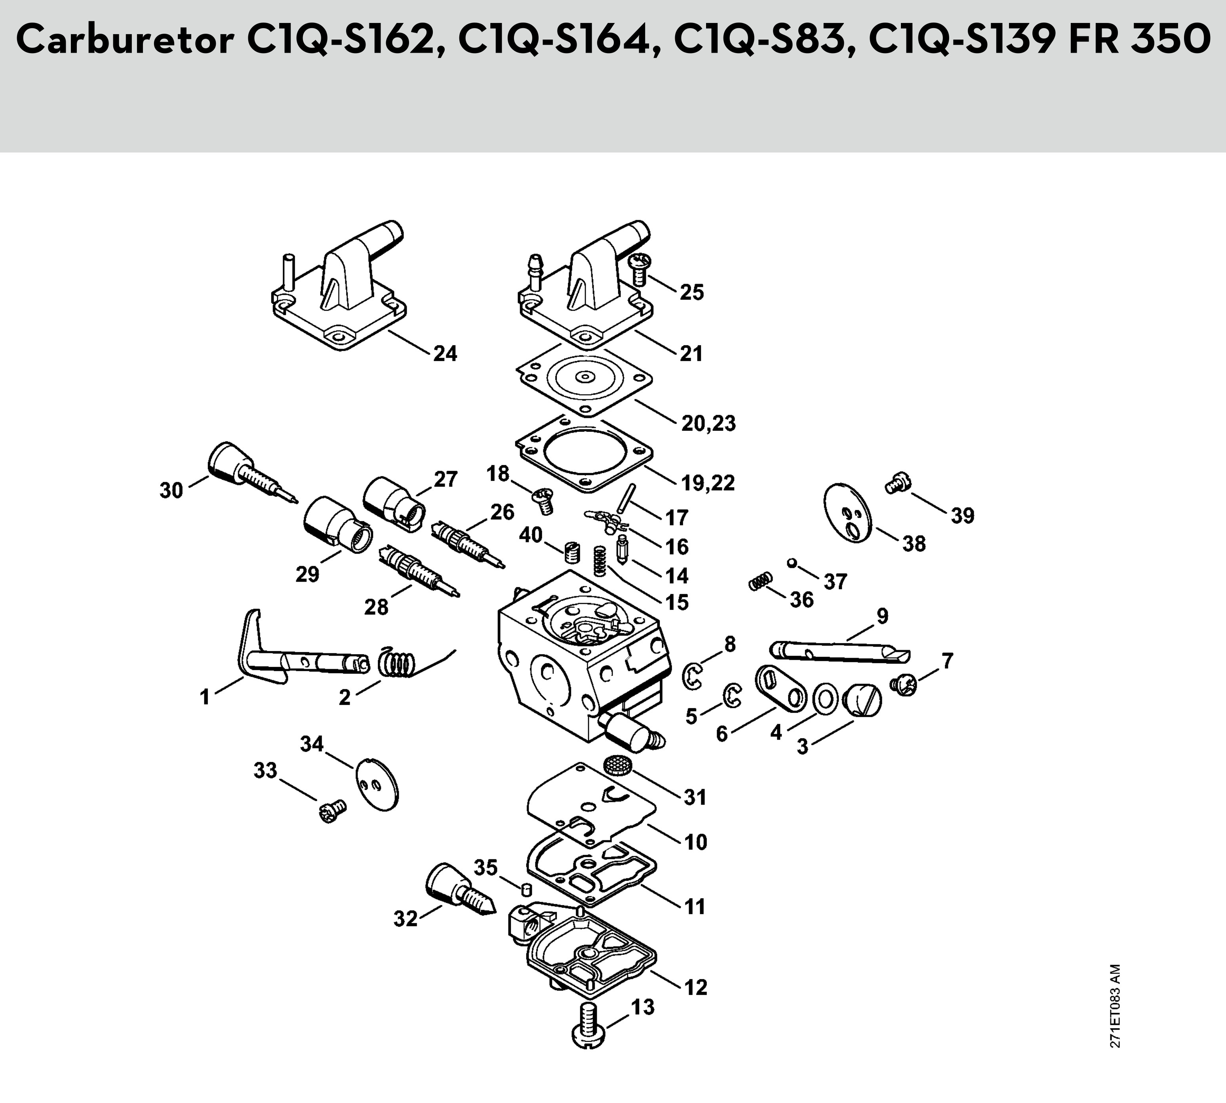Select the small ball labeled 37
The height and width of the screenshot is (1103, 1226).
(x=791, y=563)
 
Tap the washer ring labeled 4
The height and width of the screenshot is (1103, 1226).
(x=825, y=698)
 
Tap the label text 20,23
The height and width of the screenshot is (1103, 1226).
(x=708, y=423)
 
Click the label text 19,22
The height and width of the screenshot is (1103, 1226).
(x=708, y=483)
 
